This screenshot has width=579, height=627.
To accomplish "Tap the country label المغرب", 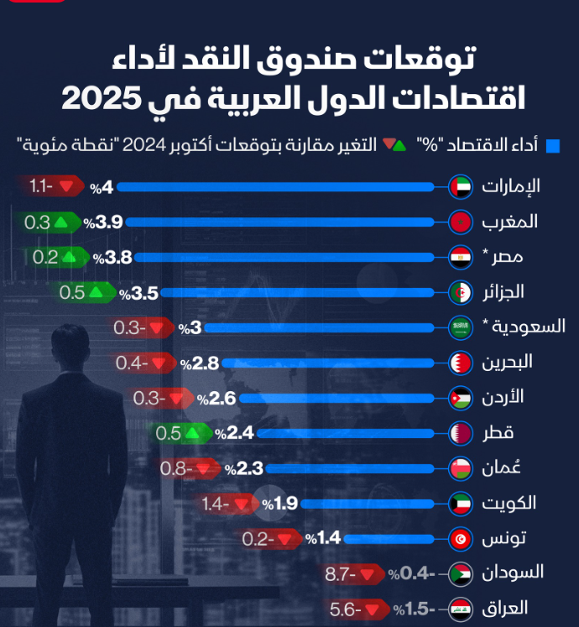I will [509, 222].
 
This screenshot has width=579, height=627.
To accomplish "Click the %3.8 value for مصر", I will [113, 257].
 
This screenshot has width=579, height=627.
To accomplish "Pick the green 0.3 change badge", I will [48, 222].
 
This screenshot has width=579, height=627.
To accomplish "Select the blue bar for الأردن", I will [343, 398].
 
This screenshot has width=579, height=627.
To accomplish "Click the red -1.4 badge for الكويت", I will [228, 504].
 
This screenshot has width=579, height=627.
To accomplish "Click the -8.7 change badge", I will [352, 574].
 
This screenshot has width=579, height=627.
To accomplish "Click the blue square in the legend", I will [553, 145].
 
